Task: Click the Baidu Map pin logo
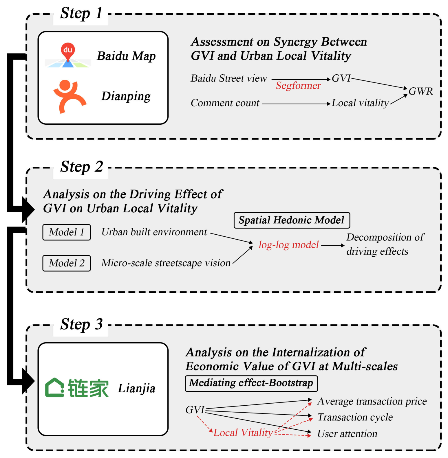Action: pos(68,55)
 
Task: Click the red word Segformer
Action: pos(298,86)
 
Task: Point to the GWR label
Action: pos(420,91)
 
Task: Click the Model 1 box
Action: pos(67,232)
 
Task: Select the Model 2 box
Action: pos(67,263)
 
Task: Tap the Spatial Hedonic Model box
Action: pos(292,220)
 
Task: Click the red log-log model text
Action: pos(288,245)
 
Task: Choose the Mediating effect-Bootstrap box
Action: pos(251,383)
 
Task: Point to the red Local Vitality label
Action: pos(243,433)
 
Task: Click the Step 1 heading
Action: pos(81,14)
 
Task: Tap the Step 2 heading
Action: pos(81,167)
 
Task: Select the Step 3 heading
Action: pos(81,325)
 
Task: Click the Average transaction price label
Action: pos(372,402)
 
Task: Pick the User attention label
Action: pos(347,434)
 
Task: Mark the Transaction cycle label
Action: pos(355,417)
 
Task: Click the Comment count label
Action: pos(225,103)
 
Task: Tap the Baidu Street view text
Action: pos(229,78)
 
